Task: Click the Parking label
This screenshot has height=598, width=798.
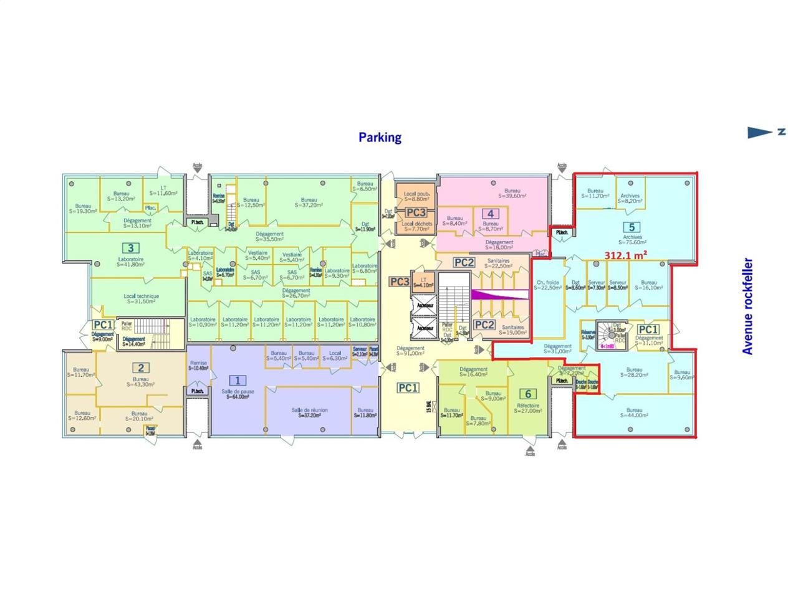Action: point(380,137)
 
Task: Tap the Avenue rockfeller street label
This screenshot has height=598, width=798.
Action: point(748,306)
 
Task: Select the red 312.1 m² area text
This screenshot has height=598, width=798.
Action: point(626,255)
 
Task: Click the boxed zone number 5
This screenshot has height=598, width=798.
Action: point(632,227)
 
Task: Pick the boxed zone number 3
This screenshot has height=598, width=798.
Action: point(130,248)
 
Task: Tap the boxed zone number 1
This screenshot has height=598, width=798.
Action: point(237,380)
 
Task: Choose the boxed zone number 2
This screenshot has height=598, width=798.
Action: point(141,368)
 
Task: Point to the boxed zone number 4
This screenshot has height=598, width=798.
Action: point(491,214)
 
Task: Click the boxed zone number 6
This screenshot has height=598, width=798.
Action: point(528,394)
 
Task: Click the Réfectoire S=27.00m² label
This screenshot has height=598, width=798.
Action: point(528,407)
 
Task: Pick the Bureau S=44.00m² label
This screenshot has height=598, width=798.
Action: point(634,413)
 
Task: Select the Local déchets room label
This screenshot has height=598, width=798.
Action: point(417,226)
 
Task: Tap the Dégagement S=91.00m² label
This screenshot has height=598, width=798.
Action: point(410,351)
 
